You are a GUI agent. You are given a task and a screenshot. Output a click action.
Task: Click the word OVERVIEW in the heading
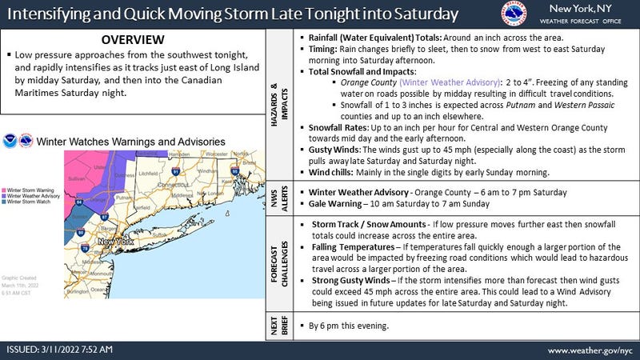(x=133, y=39)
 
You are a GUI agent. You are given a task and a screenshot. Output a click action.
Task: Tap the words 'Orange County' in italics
(x=369, y=82)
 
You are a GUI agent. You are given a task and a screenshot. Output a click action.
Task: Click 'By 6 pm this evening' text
(x=349, y=327)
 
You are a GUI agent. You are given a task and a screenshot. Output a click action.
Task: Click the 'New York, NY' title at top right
(x=578, y=9)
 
